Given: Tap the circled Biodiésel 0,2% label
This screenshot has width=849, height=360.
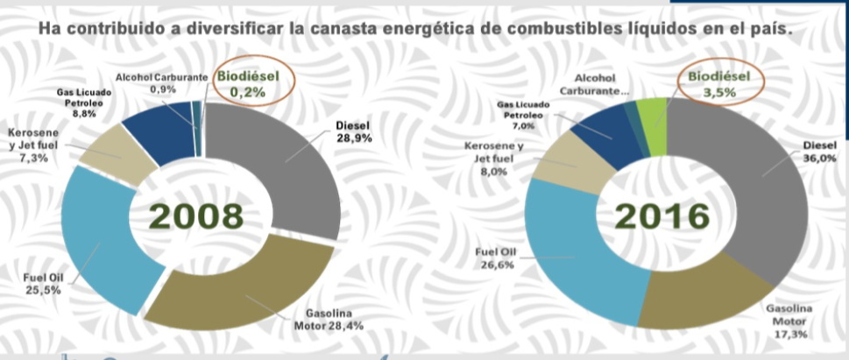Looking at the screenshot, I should click(248, 82).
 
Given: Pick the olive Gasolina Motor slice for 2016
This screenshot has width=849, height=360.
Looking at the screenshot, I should click(692, 302).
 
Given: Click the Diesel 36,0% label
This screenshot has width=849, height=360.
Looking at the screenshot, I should click(820, 152).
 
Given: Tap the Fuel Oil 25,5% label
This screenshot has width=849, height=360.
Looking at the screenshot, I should click(41, 284).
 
